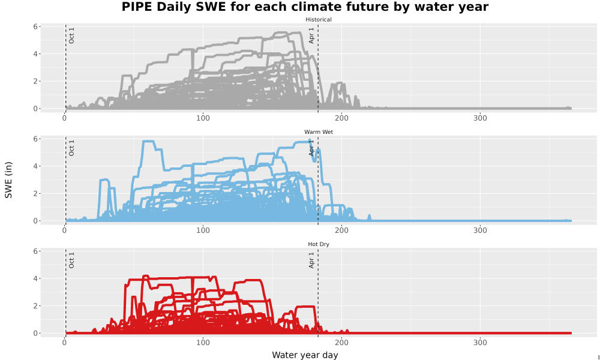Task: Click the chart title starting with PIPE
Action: tap(305, 7)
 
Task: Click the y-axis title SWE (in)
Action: tap(8, 180)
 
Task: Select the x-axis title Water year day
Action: tap(305, 355)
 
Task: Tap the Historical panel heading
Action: tap(319, 20)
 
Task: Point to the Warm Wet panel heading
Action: tap(319, 132)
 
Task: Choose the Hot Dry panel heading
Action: tap(319, 244)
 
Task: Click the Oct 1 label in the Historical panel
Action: tap(71, 35)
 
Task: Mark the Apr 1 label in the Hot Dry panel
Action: tap(311, 260)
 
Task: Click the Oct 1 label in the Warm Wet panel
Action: tap(71, 148)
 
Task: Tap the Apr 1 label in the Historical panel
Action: tap(311, 35)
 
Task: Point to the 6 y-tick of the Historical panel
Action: tap(35, 27)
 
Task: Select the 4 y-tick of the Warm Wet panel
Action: tap(35, 166)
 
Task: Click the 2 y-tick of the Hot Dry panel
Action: tap(35, 306)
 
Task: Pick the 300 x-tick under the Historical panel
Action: tap(480, 118)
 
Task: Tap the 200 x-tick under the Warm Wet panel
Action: tap(341, 230)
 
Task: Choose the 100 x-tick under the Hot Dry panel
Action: tap(203, 343)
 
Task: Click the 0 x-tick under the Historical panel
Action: tap(64, 118)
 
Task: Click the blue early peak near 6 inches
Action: tap(148, 142)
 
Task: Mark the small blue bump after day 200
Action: tap(369, 217)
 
